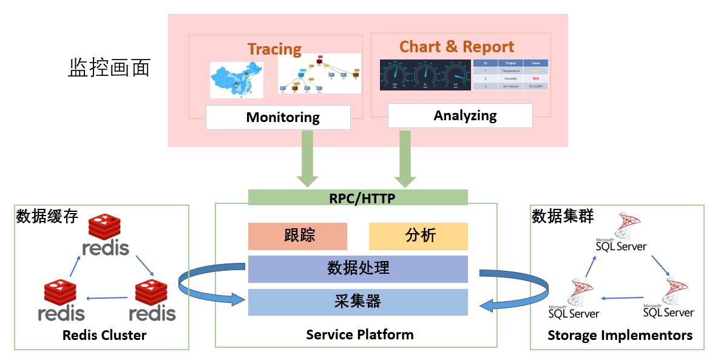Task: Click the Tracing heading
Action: pyautogui.click(x=274, y=49)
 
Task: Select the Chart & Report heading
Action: pyautogui.click(x=456, y=47)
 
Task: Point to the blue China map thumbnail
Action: pyautogui.click(x=237, y=80)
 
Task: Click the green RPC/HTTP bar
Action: pyautogui.click(x=358, y=197)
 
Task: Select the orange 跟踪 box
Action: pyautogui.click(x=297, y=236)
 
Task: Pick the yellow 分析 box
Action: pyautogui.click(x=418, y=236)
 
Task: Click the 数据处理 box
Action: pyautogui.click(x=358, y=268)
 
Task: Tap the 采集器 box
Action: pyautogui.click(x=358, y=302)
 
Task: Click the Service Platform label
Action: pyautogui.click(x=360, y=335)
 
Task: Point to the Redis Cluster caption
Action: pyautogui.click(x=104, y=335)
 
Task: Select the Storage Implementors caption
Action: pyautogui.click(x=620, y=335)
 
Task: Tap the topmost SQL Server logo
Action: pyautogui.click(x=622, y=232)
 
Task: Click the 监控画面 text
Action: pyautogui.click(x=109, y=68)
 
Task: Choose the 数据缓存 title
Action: pyautogui.click(x=47, y=216)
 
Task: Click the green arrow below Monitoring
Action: pyautogui.click(x=307, y=159)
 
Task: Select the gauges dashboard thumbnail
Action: pyautogui.click(x=424, y=75)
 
